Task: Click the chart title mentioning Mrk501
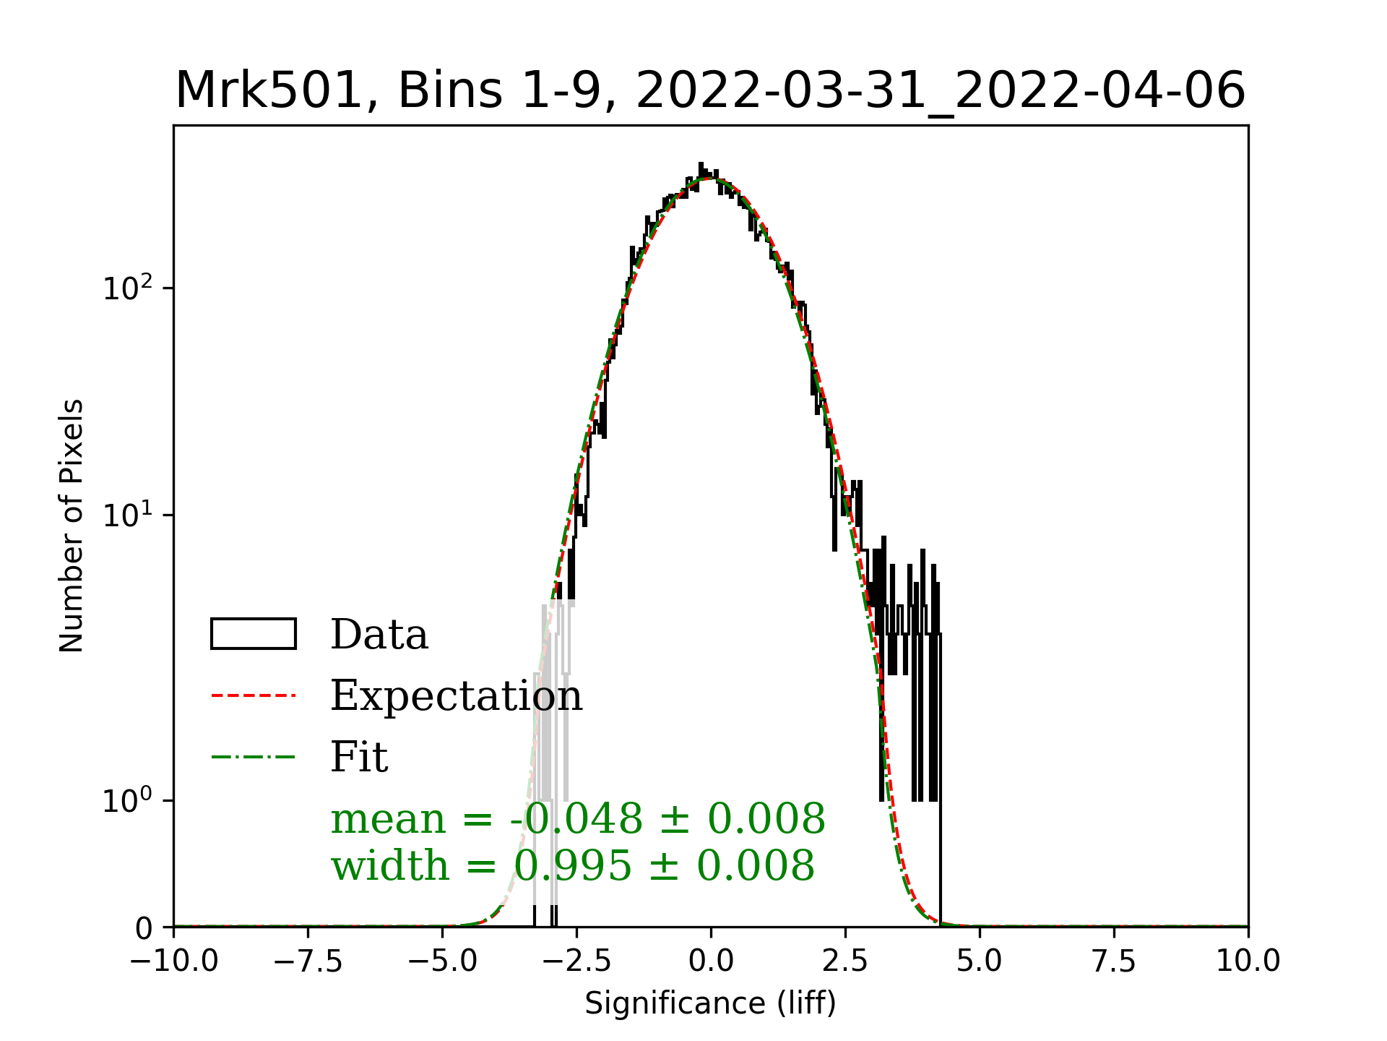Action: [710, 91]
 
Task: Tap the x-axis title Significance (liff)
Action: [710, 1003]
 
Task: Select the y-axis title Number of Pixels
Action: [72, 526]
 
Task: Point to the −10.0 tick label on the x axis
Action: [174, 961]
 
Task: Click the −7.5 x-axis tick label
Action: [308, 961]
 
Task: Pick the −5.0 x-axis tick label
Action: [443, 961]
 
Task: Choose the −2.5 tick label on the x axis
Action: [576, 961]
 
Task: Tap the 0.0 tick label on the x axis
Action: [711, 961]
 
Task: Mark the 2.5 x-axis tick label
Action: [845, 961]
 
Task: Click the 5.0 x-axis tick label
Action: [980, 961]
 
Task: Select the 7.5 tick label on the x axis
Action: [1114, 961]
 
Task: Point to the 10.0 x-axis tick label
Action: [1248, 961]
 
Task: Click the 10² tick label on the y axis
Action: [129, 289]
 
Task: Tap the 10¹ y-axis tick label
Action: [129, 516]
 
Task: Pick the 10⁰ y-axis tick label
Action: [129, 801]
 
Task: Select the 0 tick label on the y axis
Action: [144, 928]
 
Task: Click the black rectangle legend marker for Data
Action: [254, 634]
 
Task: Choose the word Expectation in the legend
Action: [456, 696]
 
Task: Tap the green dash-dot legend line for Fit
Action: [254, 758]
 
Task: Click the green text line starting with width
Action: [572, 865]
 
